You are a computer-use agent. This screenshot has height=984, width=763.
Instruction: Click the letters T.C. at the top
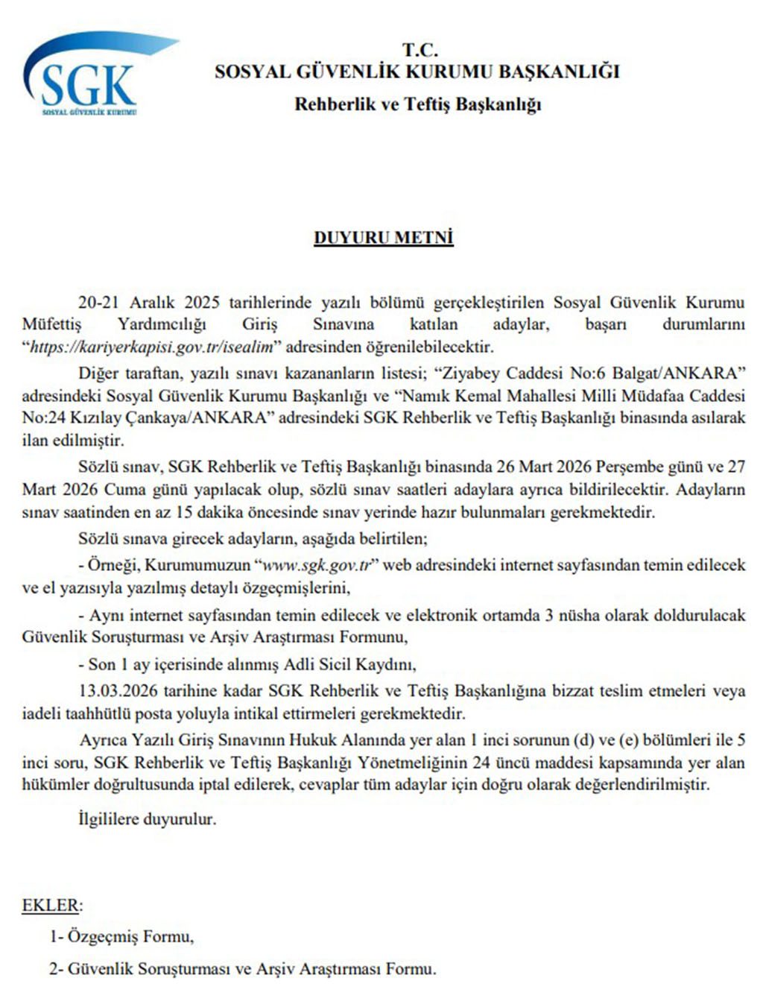point(420,51)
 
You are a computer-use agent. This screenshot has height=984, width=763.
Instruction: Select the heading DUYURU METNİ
point(383,238)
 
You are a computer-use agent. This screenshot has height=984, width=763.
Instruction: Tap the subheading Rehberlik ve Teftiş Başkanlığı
point(417,104)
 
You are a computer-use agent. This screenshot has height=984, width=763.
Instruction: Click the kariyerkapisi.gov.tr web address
point(151,347)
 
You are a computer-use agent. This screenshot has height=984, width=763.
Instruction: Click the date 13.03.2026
point(114,691)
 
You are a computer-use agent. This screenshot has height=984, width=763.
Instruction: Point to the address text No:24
point(42,417)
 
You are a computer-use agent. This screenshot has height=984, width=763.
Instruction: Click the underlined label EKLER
point(50,906)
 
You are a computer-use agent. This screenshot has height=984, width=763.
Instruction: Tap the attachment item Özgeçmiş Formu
point(130,936)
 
